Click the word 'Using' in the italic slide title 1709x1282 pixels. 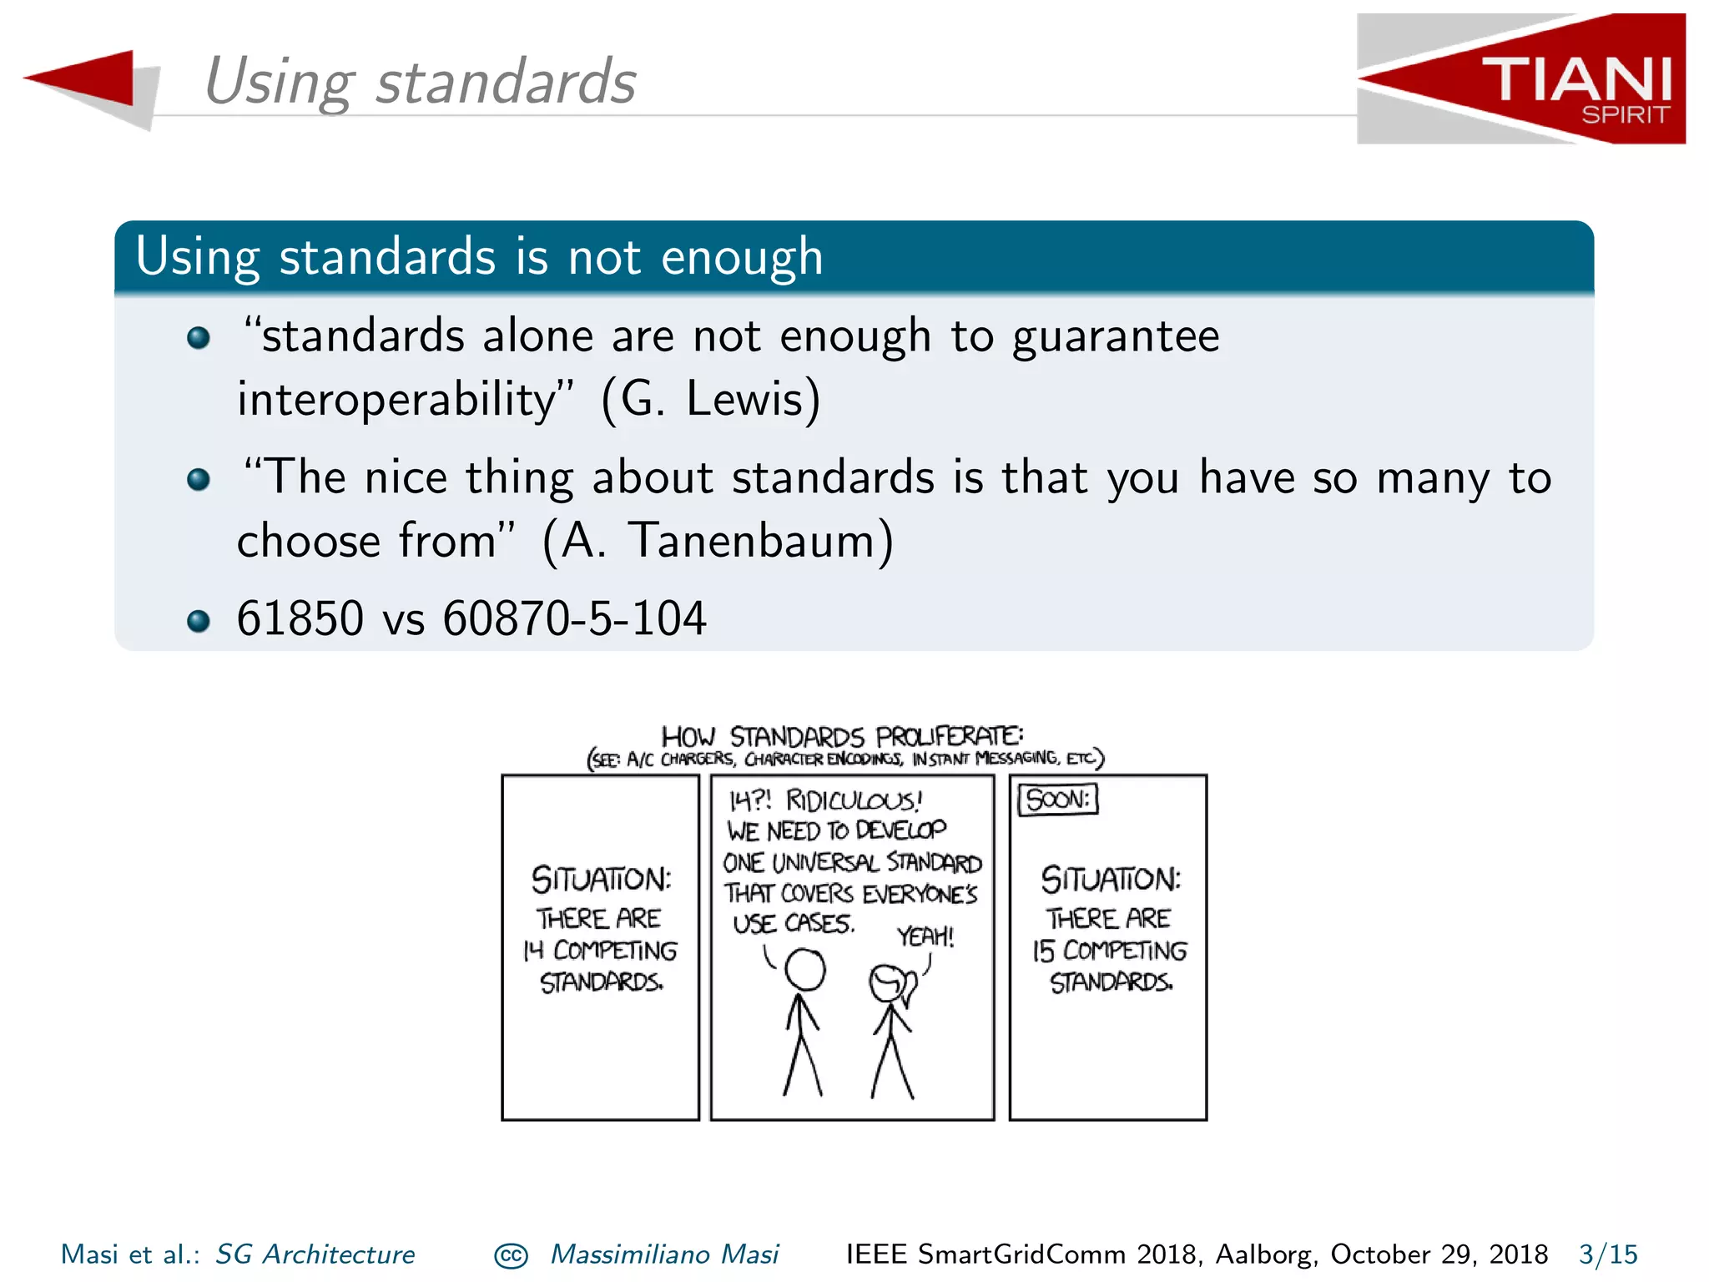[280, 83]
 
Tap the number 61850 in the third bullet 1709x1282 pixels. [300, 619]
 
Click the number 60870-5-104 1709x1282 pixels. [574, 619]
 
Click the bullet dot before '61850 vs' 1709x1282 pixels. [199, 621]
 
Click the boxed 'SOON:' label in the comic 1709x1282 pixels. [1057, 800]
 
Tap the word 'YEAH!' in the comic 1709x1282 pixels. [925, 936]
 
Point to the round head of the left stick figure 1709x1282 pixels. [805, 970]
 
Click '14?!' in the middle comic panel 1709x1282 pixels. [750, 801]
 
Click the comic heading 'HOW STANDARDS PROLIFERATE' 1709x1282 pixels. [842, 736]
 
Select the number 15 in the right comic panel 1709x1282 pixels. [1044, 951]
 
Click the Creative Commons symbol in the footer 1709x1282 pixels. [511, 1256]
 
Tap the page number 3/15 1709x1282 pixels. [1608, 1254]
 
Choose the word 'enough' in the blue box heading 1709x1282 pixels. [742, 258]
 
